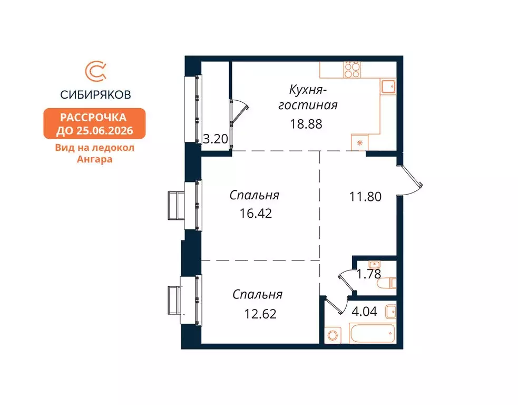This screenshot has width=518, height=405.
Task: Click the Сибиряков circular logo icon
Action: (95, 73)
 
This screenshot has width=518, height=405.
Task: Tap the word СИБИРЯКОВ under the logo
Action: (95, 95)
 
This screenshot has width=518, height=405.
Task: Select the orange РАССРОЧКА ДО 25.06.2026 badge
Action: (94, 123)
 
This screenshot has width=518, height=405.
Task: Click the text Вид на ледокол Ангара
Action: (95, 153)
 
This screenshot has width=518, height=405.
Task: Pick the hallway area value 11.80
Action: (365, 197)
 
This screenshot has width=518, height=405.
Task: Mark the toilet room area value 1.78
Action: (369, 274)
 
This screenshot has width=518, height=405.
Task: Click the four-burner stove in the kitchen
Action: (351, 70)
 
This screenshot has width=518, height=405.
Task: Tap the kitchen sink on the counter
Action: (388, 86)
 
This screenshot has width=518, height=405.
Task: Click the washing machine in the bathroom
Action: (333, 335)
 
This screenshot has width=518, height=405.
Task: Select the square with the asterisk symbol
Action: (359, 142)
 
